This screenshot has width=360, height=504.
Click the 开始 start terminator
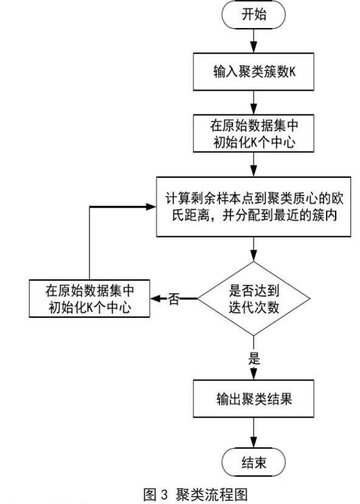point(254,15)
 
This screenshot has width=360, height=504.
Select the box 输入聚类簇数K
point(254,72)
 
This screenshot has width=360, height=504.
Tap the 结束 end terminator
point(254,463)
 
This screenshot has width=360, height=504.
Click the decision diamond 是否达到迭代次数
point(254,299)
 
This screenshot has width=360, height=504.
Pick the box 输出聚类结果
point(254,399)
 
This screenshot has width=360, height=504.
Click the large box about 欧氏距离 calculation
point(254,207)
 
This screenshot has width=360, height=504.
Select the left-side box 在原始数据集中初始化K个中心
point(89,299)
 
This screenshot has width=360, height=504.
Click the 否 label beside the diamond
point(174,299)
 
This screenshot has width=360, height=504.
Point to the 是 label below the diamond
point(254,358)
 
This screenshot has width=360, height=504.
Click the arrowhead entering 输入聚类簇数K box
point(254,47)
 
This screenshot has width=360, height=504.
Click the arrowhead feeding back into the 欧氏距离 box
point(151,207)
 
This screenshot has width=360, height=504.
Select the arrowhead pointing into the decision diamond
point(254,256)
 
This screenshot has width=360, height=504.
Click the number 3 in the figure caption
point(164,494)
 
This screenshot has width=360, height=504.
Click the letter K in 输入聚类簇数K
point(292,72)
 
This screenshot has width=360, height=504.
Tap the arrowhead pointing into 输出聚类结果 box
point(254,374)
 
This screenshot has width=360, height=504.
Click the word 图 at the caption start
point(150,494)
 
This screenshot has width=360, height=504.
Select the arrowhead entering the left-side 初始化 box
point(156,299)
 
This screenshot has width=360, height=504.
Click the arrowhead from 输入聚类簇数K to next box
point(254,109)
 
